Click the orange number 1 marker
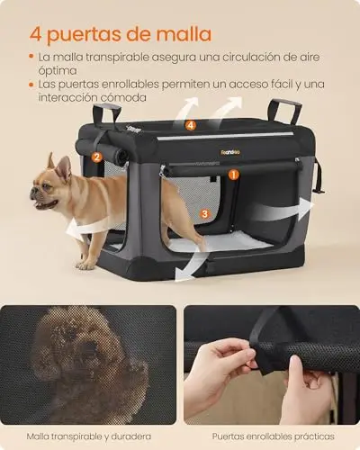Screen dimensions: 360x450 (234, 175)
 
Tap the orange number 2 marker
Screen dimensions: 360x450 (96, 157)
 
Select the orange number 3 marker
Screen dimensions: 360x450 (204, 213)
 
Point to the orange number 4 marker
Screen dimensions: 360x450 (191, 125)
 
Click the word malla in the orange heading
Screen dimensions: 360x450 (184, 34)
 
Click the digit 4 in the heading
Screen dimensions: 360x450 (36, 35)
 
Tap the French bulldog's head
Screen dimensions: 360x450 (49, 185)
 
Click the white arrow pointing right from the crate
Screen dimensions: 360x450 (281, 210)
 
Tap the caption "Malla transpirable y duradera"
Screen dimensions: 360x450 (89, 436)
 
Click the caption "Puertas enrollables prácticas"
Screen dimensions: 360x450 (274, 436)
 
